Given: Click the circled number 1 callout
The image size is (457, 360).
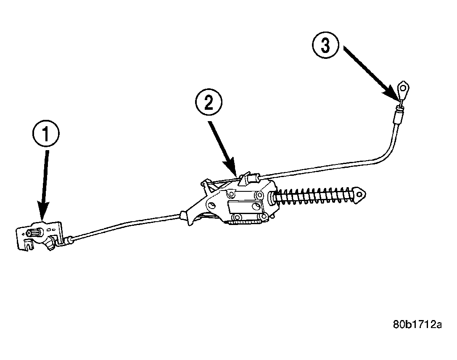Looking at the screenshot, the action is point(46,134).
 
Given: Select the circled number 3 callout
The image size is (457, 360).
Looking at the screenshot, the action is point(325,46).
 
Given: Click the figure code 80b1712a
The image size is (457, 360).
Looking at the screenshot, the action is point(417,324).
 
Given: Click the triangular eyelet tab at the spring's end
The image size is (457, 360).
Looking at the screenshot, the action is point(360,194).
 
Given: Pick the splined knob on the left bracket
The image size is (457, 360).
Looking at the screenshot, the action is point(34,233).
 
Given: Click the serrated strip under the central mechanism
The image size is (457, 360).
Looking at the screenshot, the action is point(245,223).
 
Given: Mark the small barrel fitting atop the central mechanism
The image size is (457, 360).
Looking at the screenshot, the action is point(256,177).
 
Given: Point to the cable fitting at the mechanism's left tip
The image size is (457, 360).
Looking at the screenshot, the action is point(184,215).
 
